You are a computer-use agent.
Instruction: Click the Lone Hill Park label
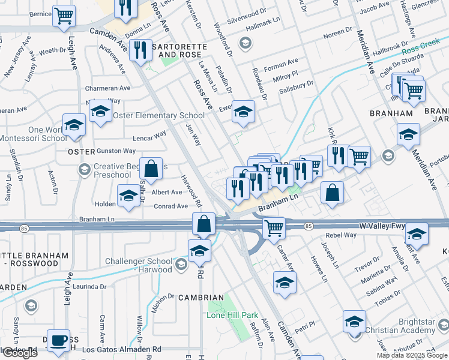232,315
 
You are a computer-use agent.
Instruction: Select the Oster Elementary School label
158,115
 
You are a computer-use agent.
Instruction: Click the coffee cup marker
58,341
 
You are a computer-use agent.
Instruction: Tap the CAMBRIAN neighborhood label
201,298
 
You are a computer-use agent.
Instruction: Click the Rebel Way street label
341,235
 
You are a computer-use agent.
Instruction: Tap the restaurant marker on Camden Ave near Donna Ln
140,50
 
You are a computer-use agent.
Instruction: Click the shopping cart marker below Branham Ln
274,227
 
